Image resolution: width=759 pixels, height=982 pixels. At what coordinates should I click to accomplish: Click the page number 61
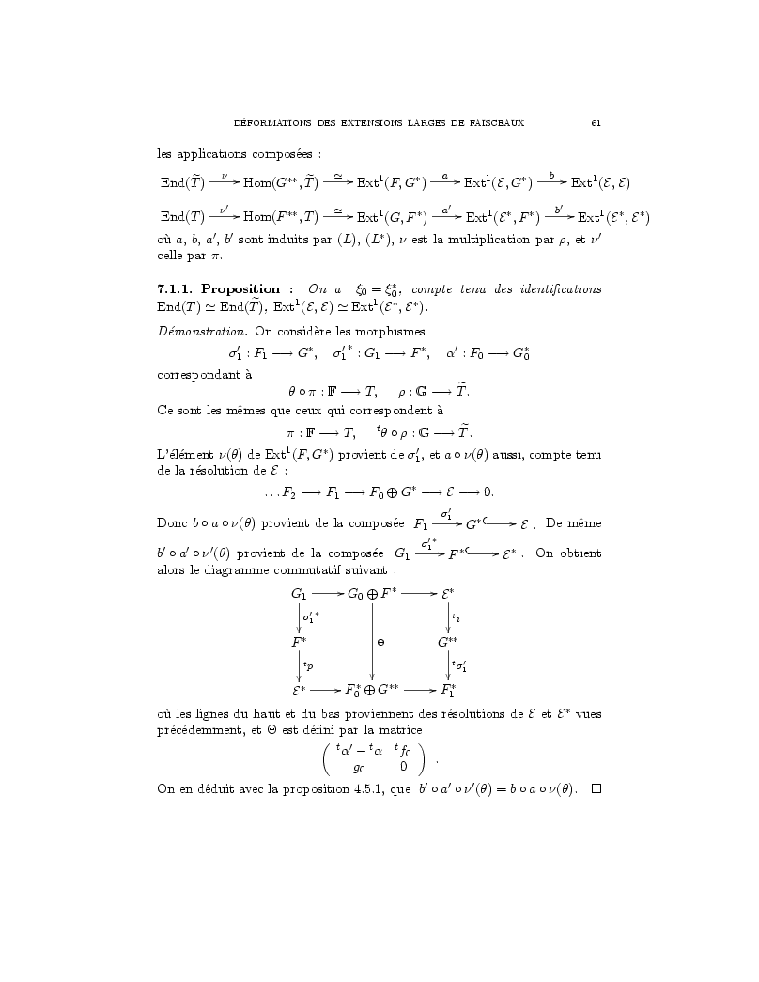[x=596, y=123]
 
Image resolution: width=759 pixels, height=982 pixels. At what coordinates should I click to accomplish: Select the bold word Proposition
[x=240, y=289]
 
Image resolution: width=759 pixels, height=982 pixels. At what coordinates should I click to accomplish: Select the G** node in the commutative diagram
[x=448, y=643]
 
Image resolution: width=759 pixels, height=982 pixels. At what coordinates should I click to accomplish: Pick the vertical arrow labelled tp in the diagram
[x=300, y=666]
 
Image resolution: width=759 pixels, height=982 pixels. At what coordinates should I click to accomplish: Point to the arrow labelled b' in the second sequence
[x=559, y=217]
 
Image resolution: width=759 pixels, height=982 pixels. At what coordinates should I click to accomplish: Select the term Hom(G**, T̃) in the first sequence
[x=282, y=182]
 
